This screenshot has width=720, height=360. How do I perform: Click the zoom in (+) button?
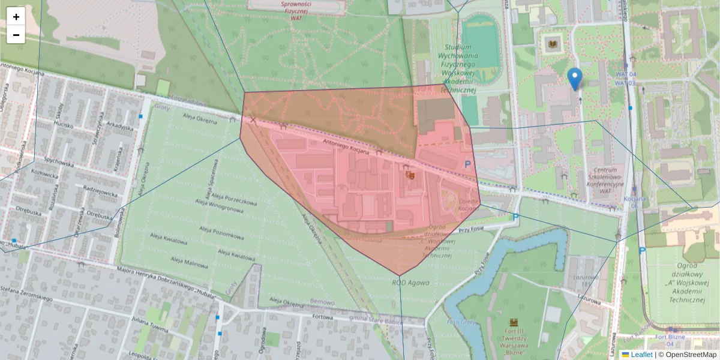tap(16, 17)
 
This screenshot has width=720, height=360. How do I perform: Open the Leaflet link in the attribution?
tap(641, 355)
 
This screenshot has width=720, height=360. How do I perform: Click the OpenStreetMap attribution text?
tap(690, 355)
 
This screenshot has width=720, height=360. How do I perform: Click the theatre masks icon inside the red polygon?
tap(411, 175)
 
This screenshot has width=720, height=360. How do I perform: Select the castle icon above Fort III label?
tap(514, 322)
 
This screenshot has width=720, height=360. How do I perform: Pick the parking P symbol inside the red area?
tap(467, 163)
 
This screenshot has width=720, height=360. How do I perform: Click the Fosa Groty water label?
tap(461, 322)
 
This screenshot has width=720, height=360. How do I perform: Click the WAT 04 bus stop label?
tap(625, 74)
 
